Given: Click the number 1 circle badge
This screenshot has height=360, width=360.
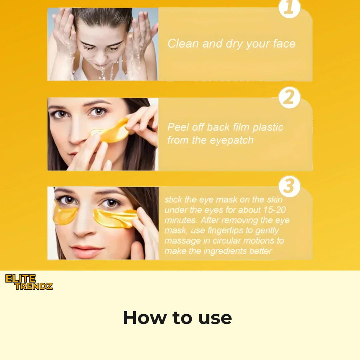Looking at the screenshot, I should (x=289, y=8).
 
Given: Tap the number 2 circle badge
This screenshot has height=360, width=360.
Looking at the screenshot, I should (x=289, y=98).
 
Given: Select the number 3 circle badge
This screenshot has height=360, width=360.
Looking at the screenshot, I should (x=289, y=186).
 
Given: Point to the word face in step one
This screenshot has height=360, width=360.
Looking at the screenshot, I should (x=284, y=44).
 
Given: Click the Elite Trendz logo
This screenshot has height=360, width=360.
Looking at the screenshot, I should (x=29, y=282).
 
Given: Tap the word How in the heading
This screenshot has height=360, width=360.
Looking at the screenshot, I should (x=144, y=318).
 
